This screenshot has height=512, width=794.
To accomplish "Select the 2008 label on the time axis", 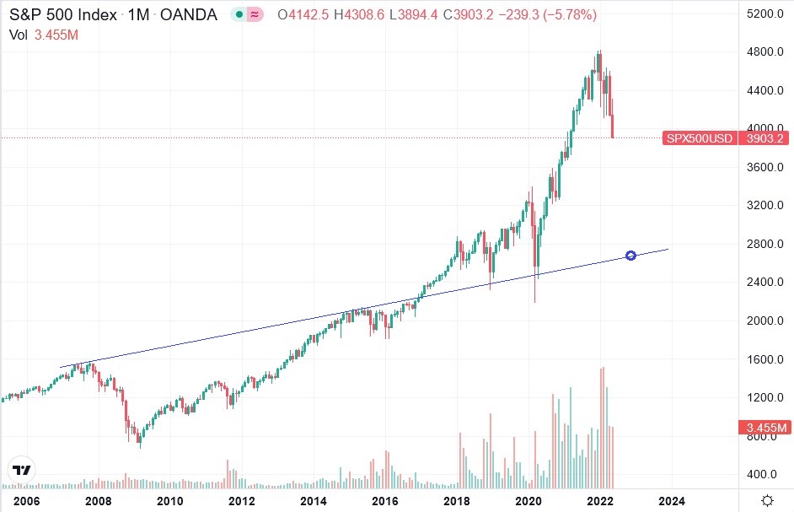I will pos(99,500).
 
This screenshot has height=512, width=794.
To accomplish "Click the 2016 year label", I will pos(385,500).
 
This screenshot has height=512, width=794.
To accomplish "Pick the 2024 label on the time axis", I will pos(672,500).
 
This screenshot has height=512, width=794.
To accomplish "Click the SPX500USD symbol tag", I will pos(698,138).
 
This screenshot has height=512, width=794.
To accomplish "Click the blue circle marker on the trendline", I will pos(630,256).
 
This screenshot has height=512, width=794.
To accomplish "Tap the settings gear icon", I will pos(769,499).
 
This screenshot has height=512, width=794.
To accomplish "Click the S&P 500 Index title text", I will pos(63,15).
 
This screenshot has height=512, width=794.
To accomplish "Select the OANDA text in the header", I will pos(189,15).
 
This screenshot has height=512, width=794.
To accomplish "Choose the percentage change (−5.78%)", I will pos(570,15).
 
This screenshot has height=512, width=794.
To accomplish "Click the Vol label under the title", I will pos(18,35).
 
